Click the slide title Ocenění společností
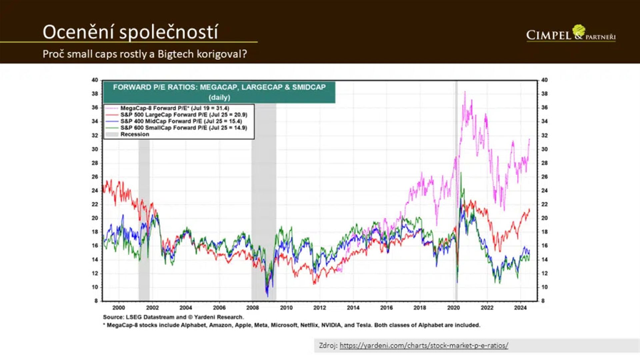130,32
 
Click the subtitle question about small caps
145,54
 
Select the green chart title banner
219,92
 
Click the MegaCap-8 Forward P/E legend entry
174,108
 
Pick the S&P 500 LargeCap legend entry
183,115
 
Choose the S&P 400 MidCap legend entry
181,121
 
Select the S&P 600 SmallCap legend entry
183,128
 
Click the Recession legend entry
135,134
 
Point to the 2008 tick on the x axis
252,308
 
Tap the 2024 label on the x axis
520,308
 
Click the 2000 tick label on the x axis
119,308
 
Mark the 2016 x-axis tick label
386,308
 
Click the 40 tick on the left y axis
95,80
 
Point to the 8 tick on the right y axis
543,301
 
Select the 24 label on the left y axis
95,191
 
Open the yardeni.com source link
424,346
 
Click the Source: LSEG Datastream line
173,317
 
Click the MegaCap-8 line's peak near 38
465,92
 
